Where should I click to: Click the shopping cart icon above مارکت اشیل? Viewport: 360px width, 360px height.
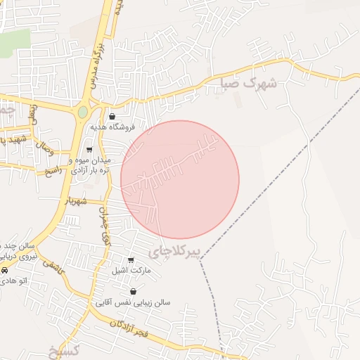[x=130, y=259]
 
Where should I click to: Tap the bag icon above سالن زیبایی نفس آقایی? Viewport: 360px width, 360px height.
[x=133, y=291]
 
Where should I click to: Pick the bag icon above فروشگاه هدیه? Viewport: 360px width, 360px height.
[x=112, y=117]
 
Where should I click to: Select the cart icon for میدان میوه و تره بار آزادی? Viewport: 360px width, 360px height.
[x=89, y=149]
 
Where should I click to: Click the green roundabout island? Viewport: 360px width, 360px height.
[x=83, y=112]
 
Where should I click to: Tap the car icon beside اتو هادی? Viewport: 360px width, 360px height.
[x=4, y=271]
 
